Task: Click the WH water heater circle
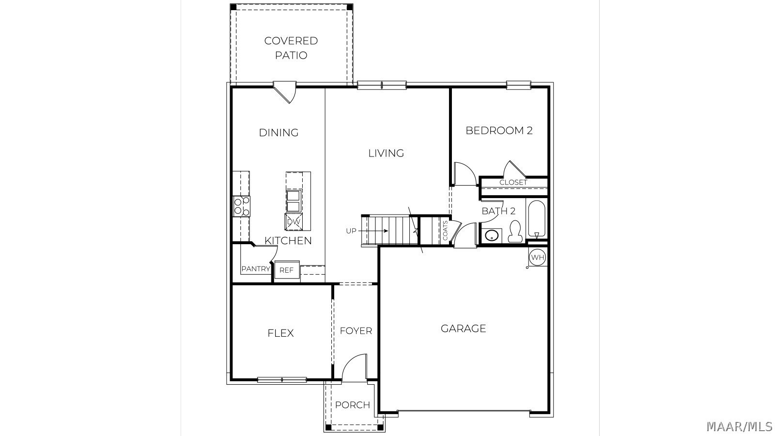point(537,257)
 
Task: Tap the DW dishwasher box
point(294,222)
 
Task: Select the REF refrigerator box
point(286,270)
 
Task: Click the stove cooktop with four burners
point(242,206)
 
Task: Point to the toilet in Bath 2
point(515,231)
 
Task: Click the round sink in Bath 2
point(491,235)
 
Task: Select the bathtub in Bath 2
point(537,218)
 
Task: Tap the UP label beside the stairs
point(351,231)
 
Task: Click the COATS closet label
point(445,231)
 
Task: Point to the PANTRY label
point(256,269)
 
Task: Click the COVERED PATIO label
point(291,48)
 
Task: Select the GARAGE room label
point(463,328)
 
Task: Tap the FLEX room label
point(280,333)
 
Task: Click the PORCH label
point(353,405)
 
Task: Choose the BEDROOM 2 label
point(499,130)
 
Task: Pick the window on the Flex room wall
point(282,380)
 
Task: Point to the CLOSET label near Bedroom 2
point(513,182)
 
